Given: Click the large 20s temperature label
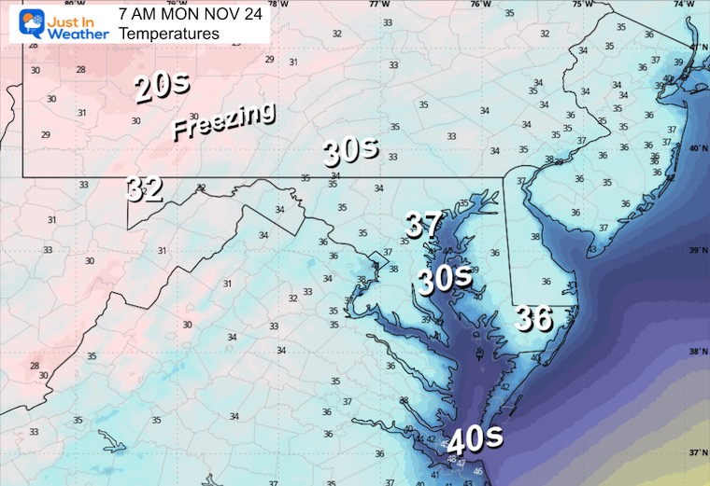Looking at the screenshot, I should (x=163, y=88).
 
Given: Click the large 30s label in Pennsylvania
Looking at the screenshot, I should (x=350, y=150).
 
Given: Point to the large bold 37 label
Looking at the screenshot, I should (x=422, y=224).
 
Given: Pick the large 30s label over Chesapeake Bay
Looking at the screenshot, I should (x=443, y=279).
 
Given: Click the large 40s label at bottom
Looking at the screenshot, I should (x=475, y=437).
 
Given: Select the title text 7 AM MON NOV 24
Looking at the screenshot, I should (x=191, y=13).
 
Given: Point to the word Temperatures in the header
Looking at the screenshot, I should (x=169, y=33).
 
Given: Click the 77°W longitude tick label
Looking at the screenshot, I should (x=378, y=5).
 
